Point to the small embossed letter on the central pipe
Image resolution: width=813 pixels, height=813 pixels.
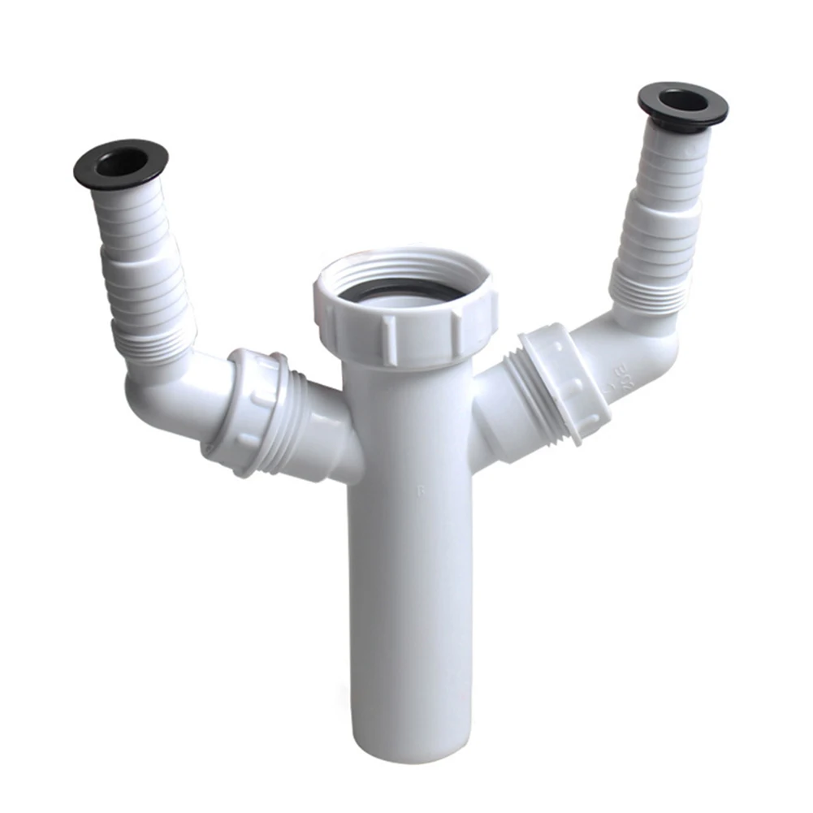419,490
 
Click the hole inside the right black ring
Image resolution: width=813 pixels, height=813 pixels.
683,101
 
